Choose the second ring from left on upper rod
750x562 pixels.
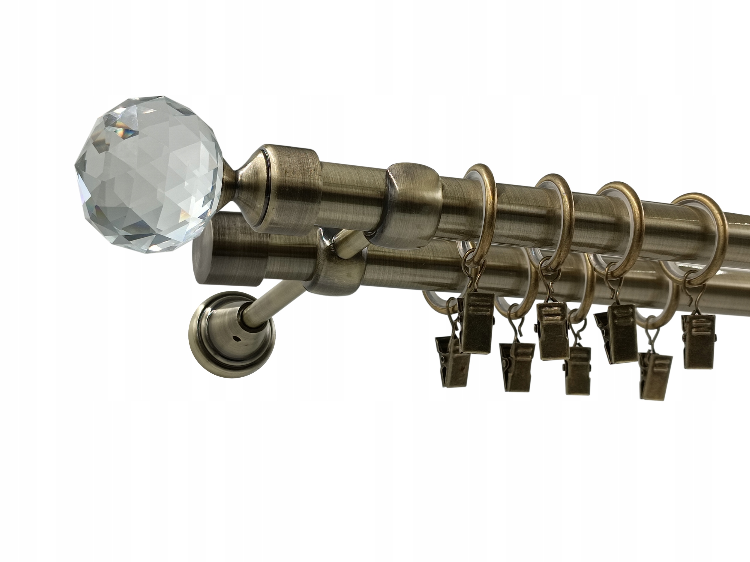(x=556, y=217)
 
